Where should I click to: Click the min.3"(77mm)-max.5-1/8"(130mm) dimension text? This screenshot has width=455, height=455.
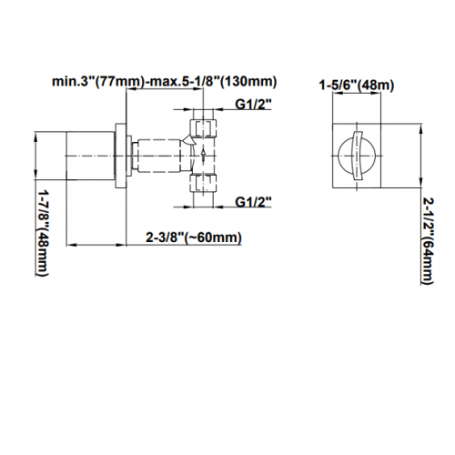click(x=165, y=82)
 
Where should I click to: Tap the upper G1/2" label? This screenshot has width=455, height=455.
click(x=253, y=104)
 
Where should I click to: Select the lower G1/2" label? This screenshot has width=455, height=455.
click(x=253, y=201)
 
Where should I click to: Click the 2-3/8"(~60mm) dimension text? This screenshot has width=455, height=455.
click(x=194, y=238)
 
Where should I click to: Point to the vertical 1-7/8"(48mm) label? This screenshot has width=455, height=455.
click(x=42, y=233)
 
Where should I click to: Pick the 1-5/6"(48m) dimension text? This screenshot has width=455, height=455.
click(x=357, y=86)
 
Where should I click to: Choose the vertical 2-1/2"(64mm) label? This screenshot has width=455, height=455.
click(x=428, y=241)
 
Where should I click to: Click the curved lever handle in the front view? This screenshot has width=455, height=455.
click(x=358, y=156)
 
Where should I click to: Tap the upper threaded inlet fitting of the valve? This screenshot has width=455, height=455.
click(x=203, y=128)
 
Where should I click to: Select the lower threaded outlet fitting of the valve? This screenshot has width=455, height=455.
click(x=203, y=183)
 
